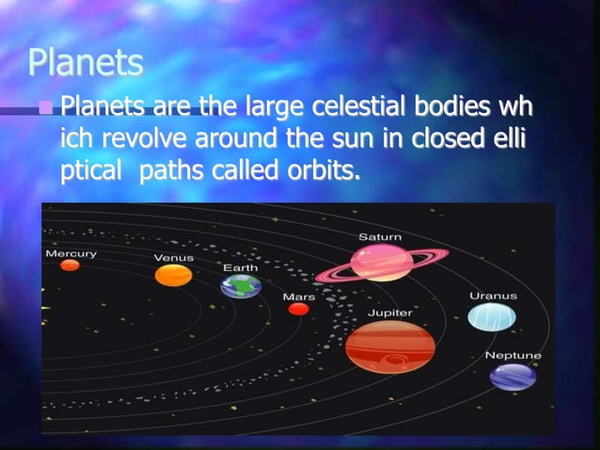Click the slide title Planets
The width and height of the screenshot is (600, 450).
tap(86, 63)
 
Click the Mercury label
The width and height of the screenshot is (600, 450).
tap(71, 253)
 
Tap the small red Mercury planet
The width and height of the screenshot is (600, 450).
tap(70, 265)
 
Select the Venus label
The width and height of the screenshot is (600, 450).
tap(174, 257)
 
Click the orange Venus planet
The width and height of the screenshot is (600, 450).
tap(173, 275)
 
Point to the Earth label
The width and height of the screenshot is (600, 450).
tap(240, 267)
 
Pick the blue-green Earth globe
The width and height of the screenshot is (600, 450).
tap(241, 286)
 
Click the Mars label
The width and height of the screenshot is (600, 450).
tap(299, 297)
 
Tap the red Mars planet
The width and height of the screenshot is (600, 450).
tap(299, 309)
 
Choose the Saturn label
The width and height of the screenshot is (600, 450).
tap(380, 236)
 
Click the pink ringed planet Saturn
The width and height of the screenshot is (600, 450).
tap(381, 264)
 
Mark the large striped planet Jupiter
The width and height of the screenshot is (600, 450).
tap(389, 346)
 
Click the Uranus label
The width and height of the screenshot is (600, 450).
tap(493, 296)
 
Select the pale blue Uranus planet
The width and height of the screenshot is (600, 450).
tap(492, 317)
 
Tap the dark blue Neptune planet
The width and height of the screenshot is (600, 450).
tap(513, 377)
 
